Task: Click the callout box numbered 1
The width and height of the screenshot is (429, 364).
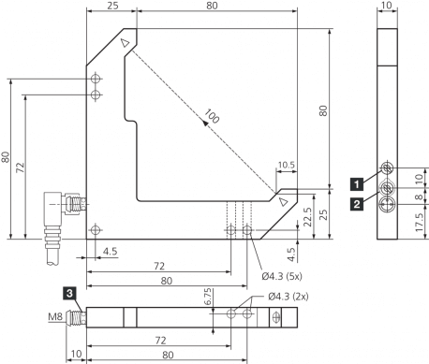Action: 357,183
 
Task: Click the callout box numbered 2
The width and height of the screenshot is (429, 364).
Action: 357,204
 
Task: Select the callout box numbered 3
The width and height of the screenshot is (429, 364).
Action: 69,293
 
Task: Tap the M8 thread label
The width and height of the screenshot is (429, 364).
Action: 55,317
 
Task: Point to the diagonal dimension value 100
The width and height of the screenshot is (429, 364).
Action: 213,116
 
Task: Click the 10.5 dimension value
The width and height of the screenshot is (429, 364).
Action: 287,165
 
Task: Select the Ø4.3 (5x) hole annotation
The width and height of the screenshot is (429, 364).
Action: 282,276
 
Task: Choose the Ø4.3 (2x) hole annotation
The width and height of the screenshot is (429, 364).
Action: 288,297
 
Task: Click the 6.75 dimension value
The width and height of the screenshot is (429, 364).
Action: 208,297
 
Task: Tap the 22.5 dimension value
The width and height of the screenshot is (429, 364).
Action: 307,217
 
